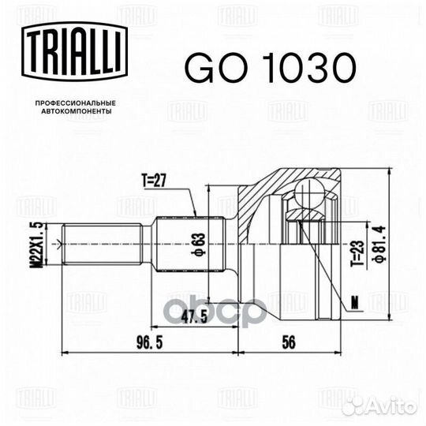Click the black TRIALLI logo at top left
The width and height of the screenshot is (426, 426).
(x=75, y=52)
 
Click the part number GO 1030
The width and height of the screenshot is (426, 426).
(x=271, y=67)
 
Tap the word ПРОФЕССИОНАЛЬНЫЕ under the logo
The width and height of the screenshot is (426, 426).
(x=76, y=103)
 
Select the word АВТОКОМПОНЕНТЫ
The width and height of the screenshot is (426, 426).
(x=77, y=111)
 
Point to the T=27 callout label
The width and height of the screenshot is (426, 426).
(x=154, y=181)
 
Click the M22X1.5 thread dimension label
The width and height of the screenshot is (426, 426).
(x=36, y=245)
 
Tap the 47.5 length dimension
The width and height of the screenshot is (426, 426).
(x=194, y=316)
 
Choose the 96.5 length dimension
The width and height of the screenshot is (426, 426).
(x=149, y=342)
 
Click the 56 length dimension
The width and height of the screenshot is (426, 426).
(x=288, y=342)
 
